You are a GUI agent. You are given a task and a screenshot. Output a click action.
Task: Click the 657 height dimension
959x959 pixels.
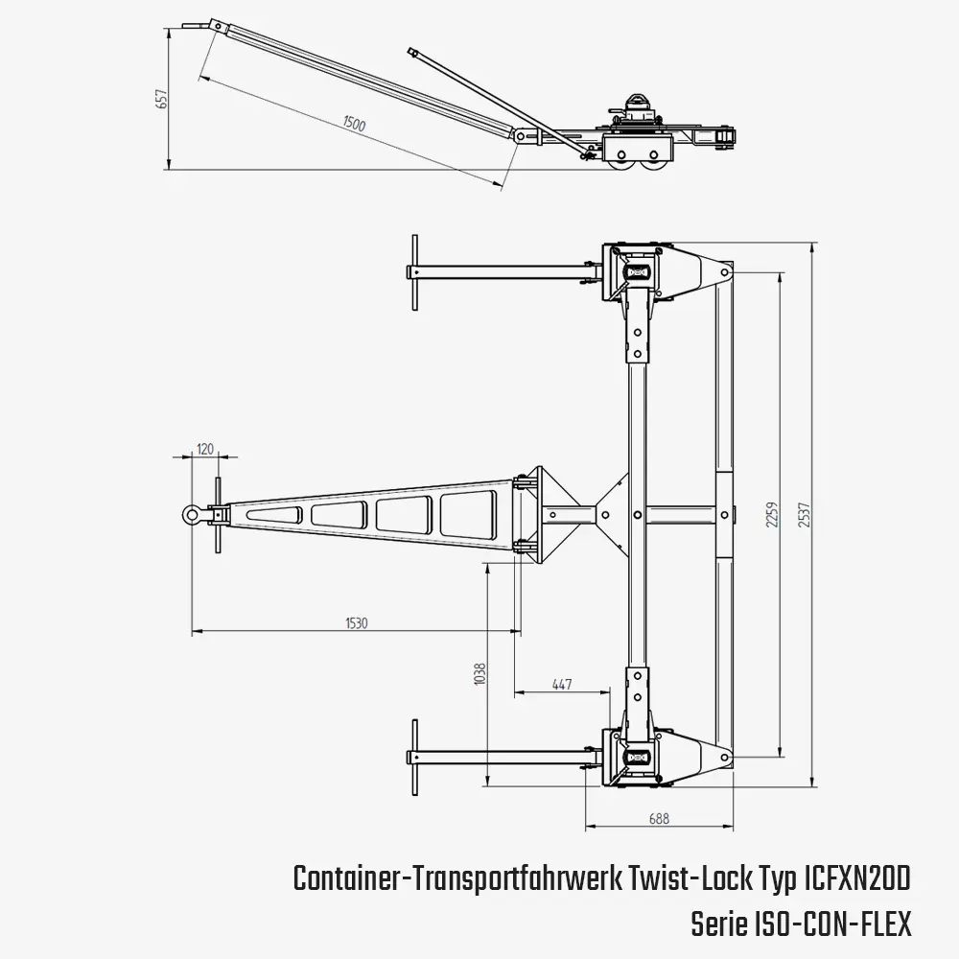162,98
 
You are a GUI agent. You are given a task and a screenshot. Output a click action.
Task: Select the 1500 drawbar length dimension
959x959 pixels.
353,125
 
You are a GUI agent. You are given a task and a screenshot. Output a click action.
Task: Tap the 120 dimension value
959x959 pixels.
204,448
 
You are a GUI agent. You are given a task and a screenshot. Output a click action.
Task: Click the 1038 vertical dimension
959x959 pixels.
480,676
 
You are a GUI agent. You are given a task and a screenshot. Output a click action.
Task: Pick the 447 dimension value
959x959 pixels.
562,684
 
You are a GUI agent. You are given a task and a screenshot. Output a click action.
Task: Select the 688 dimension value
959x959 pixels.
659,818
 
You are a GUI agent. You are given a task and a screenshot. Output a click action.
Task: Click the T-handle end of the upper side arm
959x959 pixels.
413,272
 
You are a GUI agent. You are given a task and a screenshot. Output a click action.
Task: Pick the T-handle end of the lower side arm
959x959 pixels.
413,757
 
